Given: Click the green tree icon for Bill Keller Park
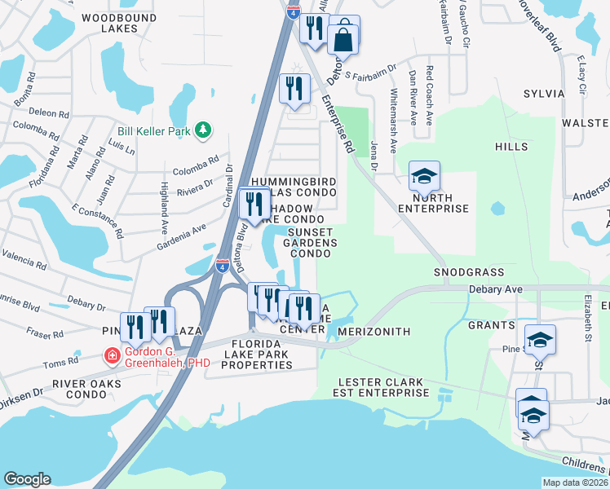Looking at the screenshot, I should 202,130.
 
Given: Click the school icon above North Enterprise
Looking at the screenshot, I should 424,176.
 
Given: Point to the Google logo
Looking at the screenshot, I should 27,478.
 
